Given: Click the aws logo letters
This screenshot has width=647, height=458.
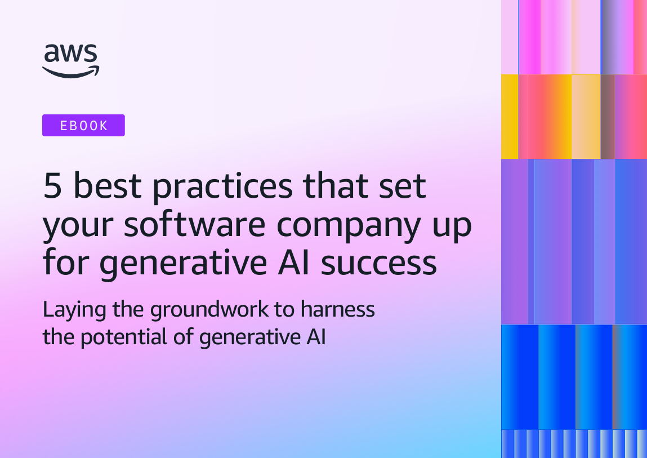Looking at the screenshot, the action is (70, 54).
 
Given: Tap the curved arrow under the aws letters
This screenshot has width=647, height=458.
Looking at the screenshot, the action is (71, 72).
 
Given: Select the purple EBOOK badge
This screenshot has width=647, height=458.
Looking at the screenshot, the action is (83, 125).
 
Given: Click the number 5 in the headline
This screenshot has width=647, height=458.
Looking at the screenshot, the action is (52, 186).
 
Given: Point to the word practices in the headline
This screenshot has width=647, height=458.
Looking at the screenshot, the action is (223, 188).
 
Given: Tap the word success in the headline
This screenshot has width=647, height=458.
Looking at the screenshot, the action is (379, 264).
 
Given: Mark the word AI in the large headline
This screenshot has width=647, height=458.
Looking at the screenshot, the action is (294, 263).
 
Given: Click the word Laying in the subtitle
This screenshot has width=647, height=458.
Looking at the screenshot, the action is (75, 310).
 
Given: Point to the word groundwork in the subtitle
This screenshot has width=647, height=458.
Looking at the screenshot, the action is (209, 310).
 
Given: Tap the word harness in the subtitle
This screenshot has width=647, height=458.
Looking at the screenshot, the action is (337, 309).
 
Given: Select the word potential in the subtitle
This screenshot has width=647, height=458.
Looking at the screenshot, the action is (124, 338).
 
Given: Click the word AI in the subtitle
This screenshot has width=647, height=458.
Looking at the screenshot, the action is (316, 336).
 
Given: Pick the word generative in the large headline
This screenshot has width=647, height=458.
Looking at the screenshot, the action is (183, 265).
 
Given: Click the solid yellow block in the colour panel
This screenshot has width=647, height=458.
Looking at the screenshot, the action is (510, 117).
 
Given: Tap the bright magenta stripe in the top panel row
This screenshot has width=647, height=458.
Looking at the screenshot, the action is (529, 37).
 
